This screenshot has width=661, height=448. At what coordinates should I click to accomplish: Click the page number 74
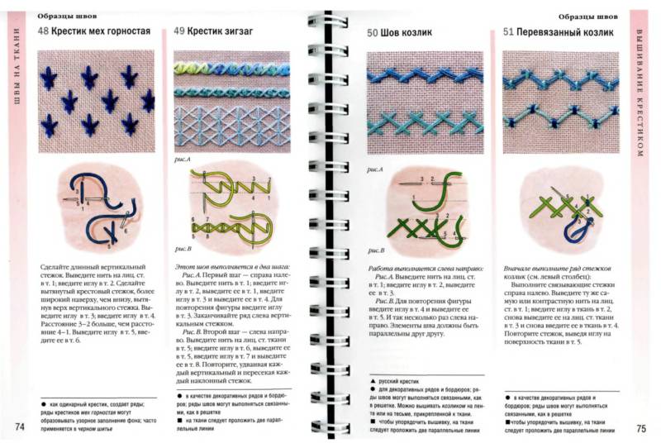[19, 427]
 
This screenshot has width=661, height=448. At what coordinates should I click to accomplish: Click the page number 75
[640, 427]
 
